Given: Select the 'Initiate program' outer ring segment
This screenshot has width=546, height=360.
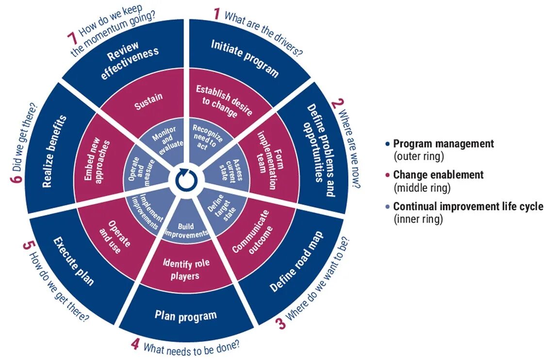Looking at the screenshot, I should pos(245,59).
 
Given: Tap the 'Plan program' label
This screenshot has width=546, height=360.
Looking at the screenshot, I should pos(185,315).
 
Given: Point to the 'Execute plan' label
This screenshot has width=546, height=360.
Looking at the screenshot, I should pos(73,260).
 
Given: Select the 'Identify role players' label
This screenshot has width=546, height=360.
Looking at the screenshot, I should pos(181,270).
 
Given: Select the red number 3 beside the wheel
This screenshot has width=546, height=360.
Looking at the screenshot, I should pos(281,323).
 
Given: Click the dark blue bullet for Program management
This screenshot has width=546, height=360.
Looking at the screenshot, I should pos(387,144).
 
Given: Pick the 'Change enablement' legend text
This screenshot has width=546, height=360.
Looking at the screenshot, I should pos(438,175).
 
